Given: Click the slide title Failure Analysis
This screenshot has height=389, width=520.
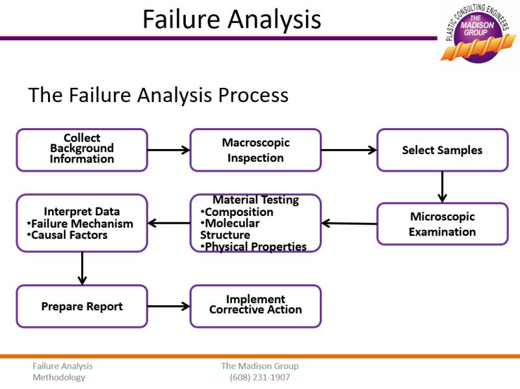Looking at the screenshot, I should tap(231, 19).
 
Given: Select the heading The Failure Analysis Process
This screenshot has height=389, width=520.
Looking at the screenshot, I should tap(158, 95).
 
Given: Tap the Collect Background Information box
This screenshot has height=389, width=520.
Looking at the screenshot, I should tap(82, 149).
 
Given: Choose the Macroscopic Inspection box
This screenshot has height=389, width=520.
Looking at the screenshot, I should tap(255, 150).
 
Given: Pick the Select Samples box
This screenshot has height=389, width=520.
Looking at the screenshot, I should tap(442, 150).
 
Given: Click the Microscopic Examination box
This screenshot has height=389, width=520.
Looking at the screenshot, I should tap(442, 224).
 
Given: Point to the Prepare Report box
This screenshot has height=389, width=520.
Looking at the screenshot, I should tap(82, 306).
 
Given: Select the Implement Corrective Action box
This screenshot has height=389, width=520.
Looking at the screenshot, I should tap(255, 305).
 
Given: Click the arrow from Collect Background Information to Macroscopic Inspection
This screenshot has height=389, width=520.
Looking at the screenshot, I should tap(168, 150).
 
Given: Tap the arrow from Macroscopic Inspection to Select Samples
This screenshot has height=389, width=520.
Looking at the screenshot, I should tap(348, 150).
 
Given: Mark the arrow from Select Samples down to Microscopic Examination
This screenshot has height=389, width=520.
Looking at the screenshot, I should tap(442, 187).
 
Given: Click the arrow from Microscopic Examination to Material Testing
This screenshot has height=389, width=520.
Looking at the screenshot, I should tap(349, 223).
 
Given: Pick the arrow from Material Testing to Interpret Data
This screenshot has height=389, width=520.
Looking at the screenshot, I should tap(168, 223).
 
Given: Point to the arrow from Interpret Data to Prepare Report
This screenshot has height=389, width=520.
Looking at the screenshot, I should tap(82, 268).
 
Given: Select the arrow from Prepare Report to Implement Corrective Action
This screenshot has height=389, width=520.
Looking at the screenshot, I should tap(168, 306).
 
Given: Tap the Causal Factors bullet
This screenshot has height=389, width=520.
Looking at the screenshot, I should tap(68, 235).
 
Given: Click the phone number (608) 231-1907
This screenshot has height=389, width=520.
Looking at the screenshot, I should tap(259, 377).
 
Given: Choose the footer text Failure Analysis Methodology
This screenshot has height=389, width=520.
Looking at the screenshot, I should tap(62, 371).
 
